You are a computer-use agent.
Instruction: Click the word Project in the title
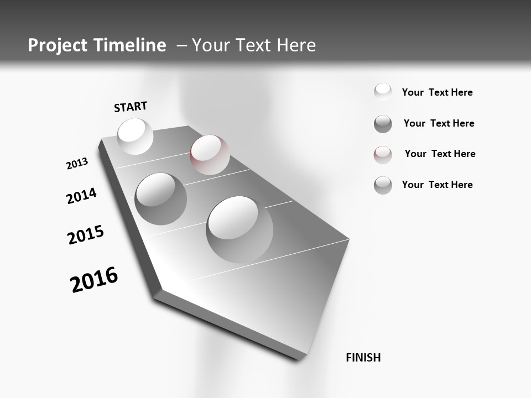[x=54, y=45]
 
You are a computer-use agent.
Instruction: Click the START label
[x=131, y=107]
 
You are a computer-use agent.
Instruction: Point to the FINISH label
[x=363, y=358]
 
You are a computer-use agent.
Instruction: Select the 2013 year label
[x=77, y=164]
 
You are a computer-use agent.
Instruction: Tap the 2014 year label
[x=81, y=196]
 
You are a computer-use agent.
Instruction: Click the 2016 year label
[x=94, y=280]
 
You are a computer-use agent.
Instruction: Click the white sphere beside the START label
[x=135, y=136]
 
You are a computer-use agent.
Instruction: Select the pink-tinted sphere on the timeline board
[x=210, y=154]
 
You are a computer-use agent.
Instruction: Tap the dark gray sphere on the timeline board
[x=160, y=199]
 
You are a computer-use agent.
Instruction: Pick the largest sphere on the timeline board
[x=240, y=229]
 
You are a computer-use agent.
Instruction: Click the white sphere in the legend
[x=383, y=92]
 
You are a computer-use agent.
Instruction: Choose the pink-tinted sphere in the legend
[x=383, y=154]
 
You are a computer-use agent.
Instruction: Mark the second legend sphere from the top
[x=383, y=124]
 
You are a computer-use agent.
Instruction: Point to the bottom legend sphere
[x=383, y=185]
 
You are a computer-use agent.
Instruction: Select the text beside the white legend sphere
[x=437, y=92]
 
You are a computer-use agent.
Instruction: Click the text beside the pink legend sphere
[x=440, y=154]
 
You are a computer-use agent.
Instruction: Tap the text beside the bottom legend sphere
[x=437, y=185]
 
